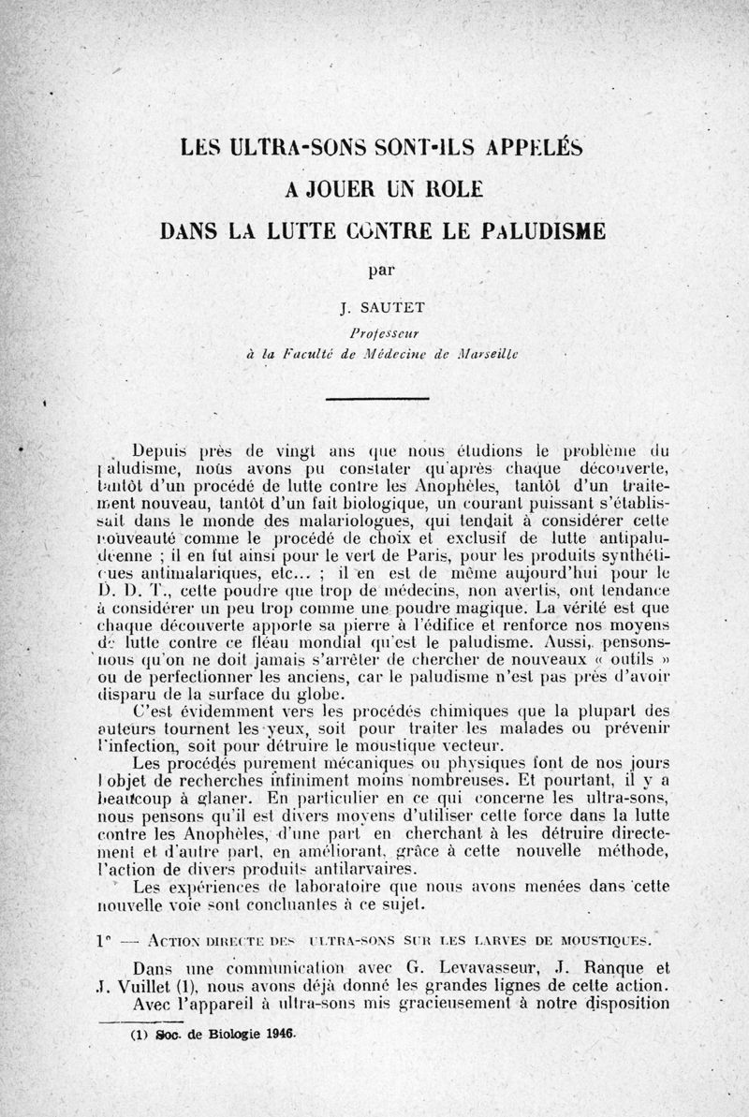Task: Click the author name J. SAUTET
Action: point(379,306)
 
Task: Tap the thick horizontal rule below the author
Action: point(375,399)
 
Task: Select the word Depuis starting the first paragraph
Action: point(165,448)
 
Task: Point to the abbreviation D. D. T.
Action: point(133,590)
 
